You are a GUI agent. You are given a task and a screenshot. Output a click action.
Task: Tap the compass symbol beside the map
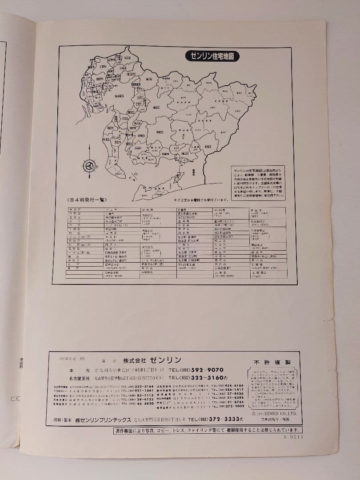[90, 166]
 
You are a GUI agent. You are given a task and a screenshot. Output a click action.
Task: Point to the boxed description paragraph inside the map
[258, 183]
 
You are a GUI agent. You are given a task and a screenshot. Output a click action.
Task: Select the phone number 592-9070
[206, 370]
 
